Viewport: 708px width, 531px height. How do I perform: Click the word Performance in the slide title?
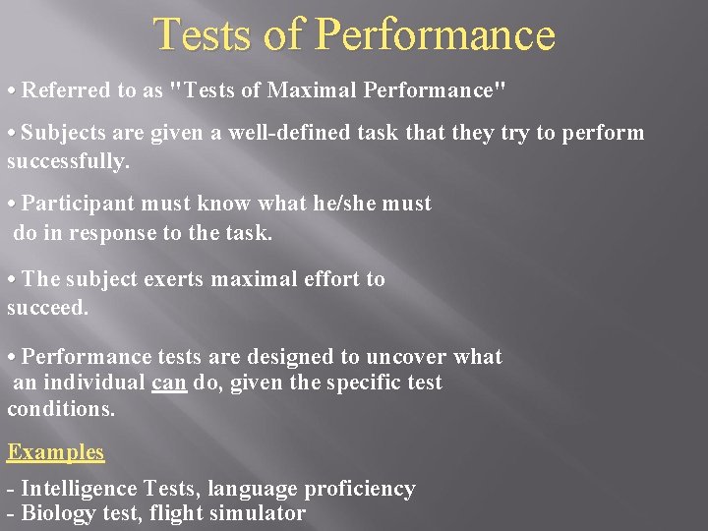pyautogui.click(x=437, y=36)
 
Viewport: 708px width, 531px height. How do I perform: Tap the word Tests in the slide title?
pyautogui.click(x=203, y=36)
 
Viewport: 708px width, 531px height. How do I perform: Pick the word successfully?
pyautogui.click(x=68, y=161)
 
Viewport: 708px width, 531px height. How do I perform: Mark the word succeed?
pyautogui.click(x=47, y=308)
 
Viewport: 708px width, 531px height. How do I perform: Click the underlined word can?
pyautogui.click(x=169, y=383)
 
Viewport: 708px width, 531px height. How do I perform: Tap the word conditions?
pyautogui.click(x=61, y=408)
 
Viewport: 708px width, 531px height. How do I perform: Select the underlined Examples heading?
pyautogui.click(x=56, y=452)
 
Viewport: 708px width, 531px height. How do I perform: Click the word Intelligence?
pyautogui.click(x=80, y=489)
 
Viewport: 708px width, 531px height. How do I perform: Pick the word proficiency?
pyautogui.click(x=363, y=489)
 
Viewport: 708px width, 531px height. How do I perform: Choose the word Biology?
pyautogui.click(x=57, y=513)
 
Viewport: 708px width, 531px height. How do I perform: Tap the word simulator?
pyautogui.click(x=259, y=513)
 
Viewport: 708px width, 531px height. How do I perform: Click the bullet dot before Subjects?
pyautogui.click(x=12, y=134)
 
